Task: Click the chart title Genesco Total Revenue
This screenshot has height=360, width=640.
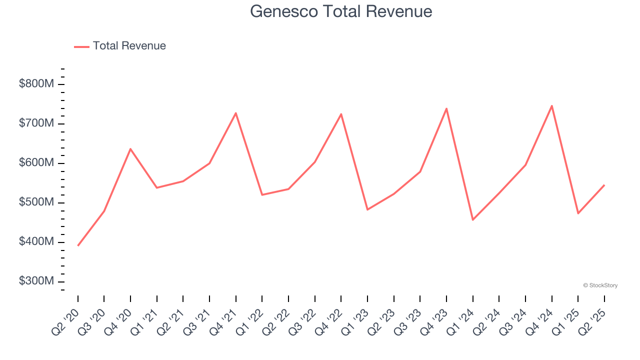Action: click(x=341, y=11)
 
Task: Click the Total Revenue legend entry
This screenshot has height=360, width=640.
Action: click(x=120, y=46)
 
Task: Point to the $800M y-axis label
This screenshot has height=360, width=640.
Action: click(x=36, y=84)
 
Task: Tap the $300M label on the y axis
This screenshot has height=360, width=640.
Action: click(x=36, y=281)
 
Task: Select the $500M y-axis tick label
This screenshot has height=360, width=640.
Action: click(x=36, y=202)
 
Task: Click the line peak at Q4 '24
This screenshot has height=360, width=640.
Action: click(x=551, y=105)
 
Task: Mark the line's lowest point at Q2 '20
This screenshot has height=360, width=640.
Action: click(x=78, y=245)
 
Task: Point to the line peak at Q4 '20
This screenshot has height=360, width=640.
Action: click(x=130, y=149)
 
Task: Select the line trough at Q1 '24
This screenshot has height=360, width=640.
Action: click(x=472, y=220)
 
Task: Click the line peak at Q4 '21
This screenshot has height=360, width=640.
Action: click(x=235, y=113)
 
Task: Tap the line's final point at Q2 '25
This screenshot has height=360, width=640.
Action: click(x=604, y=185)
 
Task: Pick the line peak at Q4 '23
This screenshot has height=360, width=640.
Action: click(x=446, y=108)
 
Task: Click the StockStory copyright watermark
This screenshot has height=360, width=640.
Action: click(x=600, y=285)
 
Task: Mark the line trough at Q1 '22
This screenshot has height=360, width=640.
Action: click(x=262, y=194)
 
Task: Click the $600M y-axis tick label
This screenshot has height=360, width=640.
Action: click(x=36, y=163)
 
